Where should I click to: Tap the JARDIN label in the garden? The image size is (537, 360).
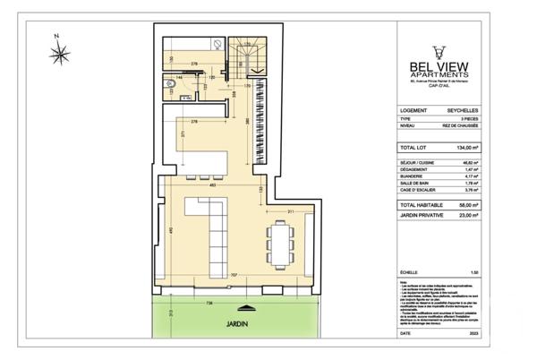236,325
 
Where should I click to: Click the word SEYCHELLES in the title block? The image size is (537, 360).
463,111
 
